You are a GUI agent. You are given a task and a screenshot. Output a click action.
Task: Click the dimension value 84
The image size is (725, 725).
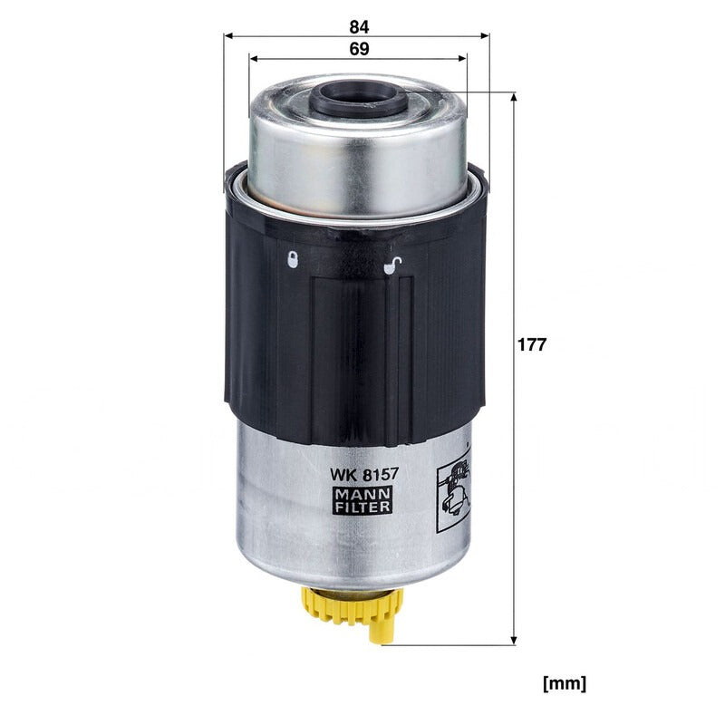[359, 27]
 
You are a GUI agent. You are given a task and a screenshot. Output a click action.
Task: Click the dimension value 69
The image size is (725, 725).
[359, 49]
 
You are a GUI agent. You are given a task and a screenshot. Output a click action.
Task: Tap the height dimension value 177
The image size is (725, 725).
[532, 344]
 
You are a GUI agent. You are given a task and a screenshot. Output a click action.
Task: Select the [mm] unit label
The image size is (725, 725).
[565, 683]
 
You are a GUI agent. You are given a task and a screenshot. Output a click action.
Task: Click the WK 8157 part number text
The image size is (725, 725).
[363, 474]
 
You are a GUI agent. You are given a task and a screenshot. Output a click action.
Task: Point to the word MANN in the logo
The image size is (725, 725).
[363, 494]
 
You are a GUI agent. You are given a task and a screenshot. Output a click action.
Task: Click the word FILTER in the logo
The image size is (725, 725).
[363, 507]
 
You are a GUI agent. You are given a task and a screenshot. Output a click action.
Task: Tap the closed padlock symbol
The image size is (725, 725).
[293, 259]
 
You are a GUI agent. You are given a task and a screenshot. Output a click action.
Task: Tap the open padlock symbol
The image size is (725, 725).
[392, 266]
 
